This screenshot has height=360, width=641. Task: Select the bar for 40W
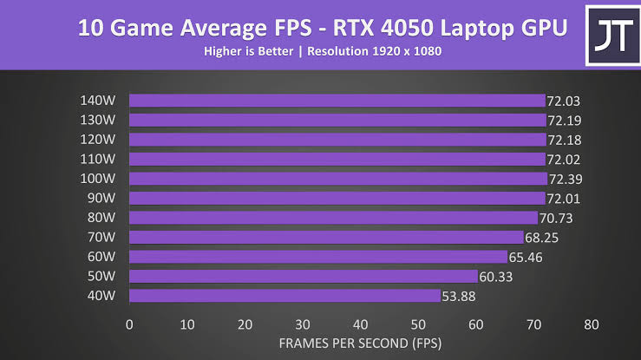285,296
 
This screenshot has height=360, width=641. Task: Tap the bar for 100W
337,179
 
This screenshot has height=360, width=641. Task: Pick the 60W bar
317,257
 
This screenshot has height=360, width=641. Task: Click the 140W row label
97,100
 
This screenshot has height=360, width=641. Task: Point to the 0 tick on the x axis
129,324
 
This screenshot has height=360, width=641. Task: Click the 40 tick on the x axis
360,324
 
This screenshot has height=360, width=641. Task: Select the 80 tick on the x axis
591,324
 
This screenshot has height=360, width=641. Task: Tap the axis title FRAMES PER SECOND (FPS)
360,343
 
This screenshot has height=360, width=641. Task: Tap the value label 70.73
559,218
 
